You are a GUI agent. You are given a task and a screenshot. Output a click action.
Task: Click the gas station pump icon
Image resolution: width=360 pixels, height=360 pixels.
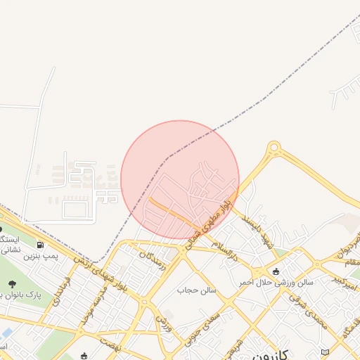39,245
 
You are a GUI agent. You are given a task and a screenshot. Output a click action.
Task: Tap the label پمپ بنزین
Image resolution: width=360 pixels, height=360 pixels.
39,257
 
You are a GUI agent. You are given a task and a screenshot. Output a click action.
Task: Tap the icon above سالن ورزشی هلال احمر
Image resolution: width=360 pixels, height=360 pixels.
275,271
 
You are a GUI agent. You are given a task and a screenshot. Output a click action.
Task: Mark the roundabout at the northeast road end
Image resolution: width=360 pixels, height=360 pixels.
274,148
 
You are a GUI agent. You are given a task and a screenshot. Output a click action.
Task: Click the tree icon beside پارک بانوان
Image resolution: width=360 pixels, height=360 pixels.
12,284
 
